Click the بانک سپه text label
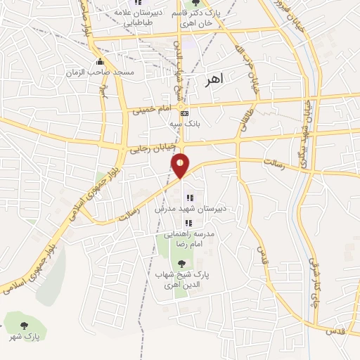(185, 123)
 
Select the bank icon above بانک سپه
(185, 113)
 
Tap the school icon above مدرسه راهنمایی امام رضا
(188, 223)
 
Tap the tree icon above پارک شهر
(24, 326)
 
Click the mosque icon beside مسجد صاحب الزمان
(101, 61)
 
